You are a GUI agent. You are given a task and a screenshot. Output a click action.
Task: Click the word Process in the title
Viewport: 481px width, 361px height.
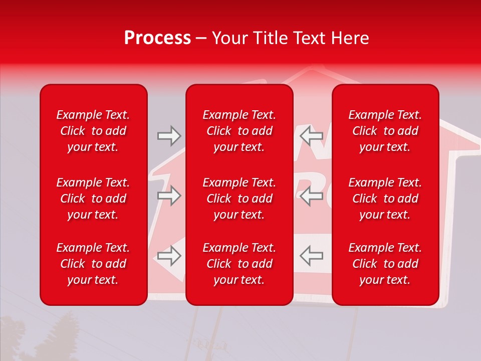[157, 38]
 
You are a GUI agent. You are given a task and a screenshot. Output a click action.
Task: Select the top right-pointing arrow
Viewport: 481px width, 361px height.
[169, 135]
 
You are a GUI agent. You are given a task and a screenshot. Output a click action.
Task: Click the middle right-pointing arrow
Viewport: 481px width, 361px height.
[169, 196]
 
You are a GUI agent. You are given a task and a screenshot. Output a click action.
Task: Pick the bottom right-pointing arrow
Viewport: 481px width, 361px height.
[169, 256]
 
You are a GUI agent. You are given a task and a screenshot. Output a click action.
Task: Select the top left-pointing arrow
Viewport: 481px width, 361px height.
[312, 135]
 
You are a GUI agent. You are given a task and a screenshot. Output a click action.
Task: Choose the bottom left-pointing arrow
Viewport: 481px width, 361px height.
[312, 256]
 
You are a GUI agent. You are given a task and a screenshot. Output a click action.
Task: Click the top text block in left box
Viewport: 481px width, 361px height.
[93, 131]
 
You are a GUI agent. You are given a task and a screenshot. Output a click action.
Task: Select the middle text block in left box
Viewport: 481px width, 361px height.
[93, 199]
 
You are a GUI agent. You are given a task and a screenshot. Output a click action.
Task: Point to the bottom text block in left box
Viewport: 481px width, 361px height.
[93, 264]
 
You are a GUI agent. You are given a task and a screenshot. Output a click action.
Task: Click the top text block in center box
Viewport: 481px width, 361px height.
[239, 131]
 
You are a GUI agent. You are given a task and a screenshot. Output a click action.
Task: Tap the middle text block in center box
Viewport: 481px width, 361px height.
[239, 199]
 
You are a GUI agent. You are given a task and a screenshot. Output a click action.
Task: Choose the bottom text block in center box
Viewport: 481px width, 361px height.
[239, 264]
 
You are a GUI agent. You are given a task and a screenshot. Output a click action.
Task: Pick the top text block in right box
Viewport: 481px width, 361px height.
[385, 131]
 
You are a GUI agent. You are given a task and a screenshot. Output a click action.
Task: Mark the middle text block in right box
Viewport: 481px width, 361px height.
[385, 199]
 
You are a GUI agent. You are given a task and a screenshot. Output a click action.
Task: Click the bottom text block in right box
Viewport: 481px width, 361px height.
[385, 264]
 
